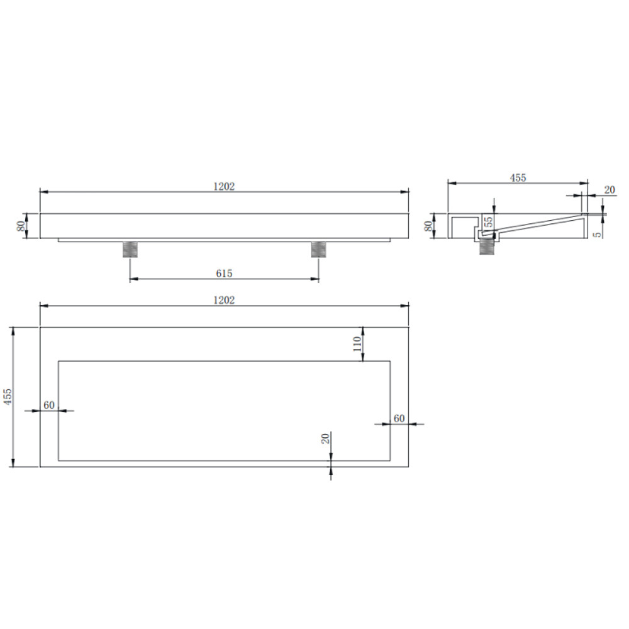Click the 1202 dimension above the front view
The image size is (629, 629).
pos(224,187)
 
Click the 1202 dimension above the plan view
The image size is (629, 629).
pos(224,300)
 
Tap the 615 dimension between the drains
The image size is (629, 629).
pos(224,273)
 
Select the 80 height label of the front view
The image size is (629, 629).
pos(21,225)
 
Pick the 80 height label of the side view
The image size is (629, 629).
pos(428,226)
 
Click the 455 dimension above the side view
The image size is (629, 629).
pos(518,178)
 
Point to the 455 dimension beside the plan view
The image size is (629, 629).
pos(7,396)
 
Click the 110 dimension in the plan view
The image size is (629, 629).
pos(357,344)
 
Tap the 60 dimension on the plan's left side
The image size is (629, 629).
pos(49,405)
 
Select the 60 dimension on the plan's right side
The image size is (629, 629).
pos(399,418)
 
